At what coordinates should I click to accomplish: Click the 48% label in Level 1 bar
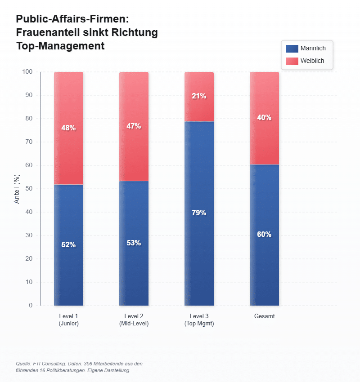68,128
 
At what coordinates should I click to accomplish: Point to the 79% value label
199,213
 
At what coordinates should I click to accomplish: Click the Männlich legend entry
306,49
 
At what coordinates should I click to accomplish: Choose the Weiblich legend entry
306,61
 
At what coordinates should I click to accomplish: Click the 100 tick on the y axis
28,72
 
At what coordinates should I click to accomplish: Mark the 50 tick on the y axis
29,189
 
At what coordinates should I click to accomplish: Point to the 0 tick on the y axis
31,306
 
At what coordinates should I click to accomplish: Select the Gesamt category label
264,316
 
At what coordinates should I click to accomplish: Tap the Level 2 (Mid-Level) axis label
134,320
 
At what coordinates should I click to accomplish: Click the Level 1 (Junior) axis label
68,320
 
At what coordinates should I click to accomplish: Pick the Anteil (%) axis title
17,189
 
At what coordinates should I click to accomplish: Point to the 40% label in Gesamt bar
264,118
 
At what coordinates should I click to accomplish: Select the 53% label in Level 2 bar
134,243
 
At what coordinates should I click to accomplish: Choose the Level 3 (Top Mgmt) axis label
199,320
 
